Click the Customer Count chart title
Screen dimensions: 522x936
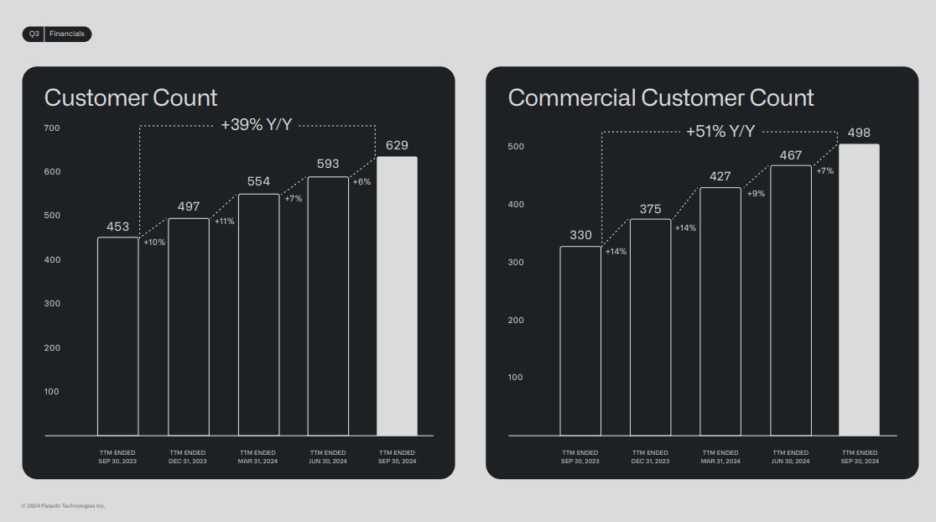(131, 97)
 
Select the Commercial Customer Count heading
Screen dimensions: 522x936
(661, 97)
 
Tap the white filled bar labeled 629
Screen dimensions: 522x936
(397, 295)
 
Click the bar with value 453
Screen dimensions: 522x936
(118, 336)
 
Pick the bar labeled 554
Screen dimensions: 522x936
(258, 315)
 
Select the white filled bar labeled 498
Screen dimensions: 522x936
(859, 290)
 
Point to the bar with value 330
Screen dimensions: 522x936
(580, 341)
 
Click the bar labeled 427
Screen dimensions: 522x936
(720, 311)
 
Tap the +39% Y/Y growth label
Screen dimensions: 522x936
(256, 126)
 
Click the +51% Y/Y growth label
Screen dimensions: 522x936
(720, 132)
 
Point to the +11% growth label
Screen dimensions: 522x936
(224, 222)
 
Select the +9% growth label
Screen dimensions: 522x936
(756, 194)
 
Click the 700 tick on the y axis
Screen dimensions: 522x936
(52, 128)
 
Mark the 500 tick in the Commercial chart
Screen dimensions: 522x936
(516, 147)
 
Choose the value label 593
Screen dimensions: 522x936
(328, 164)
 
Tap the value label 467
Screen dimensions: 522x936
(790, 155)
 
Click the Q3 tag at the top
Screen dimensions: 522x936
(34, 34)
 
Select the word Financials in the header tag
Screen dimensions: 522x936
(67, 34)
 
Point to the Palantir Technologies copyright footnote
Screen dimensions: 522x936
(64, 506)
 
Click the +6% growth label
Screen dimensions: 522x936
(361, 182)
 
